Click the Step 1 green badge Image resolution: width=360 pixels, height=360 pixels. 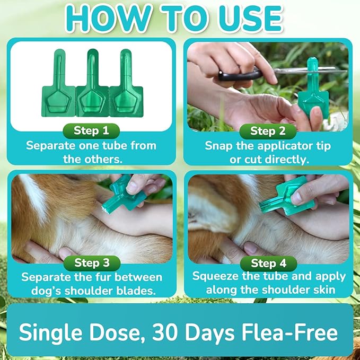91,131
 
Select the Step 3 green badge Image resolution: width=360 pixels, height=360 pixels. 91,262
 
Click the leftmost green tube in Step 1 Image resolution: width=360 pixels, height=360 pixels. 58,87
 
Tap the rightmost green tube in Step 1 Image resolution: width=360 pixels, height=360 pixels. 126,87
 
